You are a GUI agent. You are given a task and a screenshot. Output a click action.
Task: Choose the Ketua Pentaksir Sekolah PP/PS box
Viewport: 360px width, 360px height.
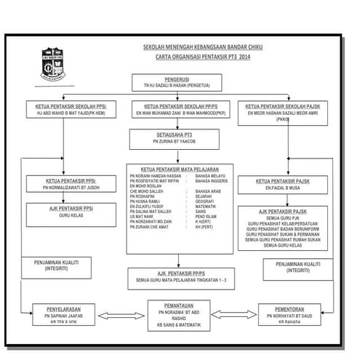coord(179,110)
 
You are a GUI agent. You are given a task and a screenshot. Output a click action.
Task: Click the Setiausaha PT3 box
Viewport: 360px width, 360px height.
coord(179,138)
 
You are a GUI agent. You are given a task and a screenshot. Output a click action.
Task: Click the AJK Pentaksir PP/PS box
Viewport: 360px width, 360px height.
coord(179,277)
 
